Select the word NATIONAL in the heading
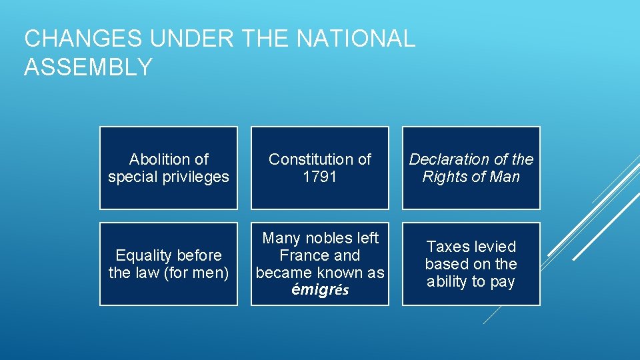356,39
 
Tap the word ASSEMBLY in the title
88,67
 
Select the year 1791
319,177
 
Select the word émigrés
320,291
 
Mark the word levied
495,247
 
